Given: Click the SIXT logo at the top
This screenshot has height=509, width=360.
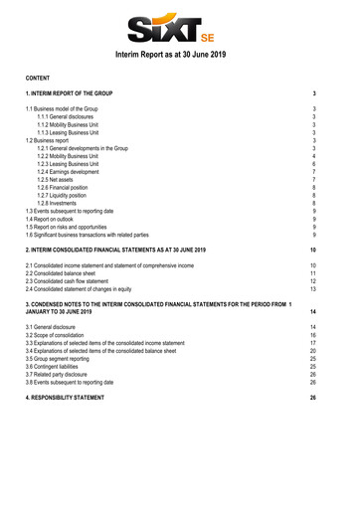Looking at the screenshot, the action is (x=179, y=23).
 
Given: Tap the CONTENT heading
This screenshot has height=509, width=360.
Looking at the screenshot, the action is (x=42, y=76).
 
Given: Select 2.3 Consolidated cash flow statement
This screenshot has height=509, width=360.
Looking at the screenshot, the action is (x=90, y=284).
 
